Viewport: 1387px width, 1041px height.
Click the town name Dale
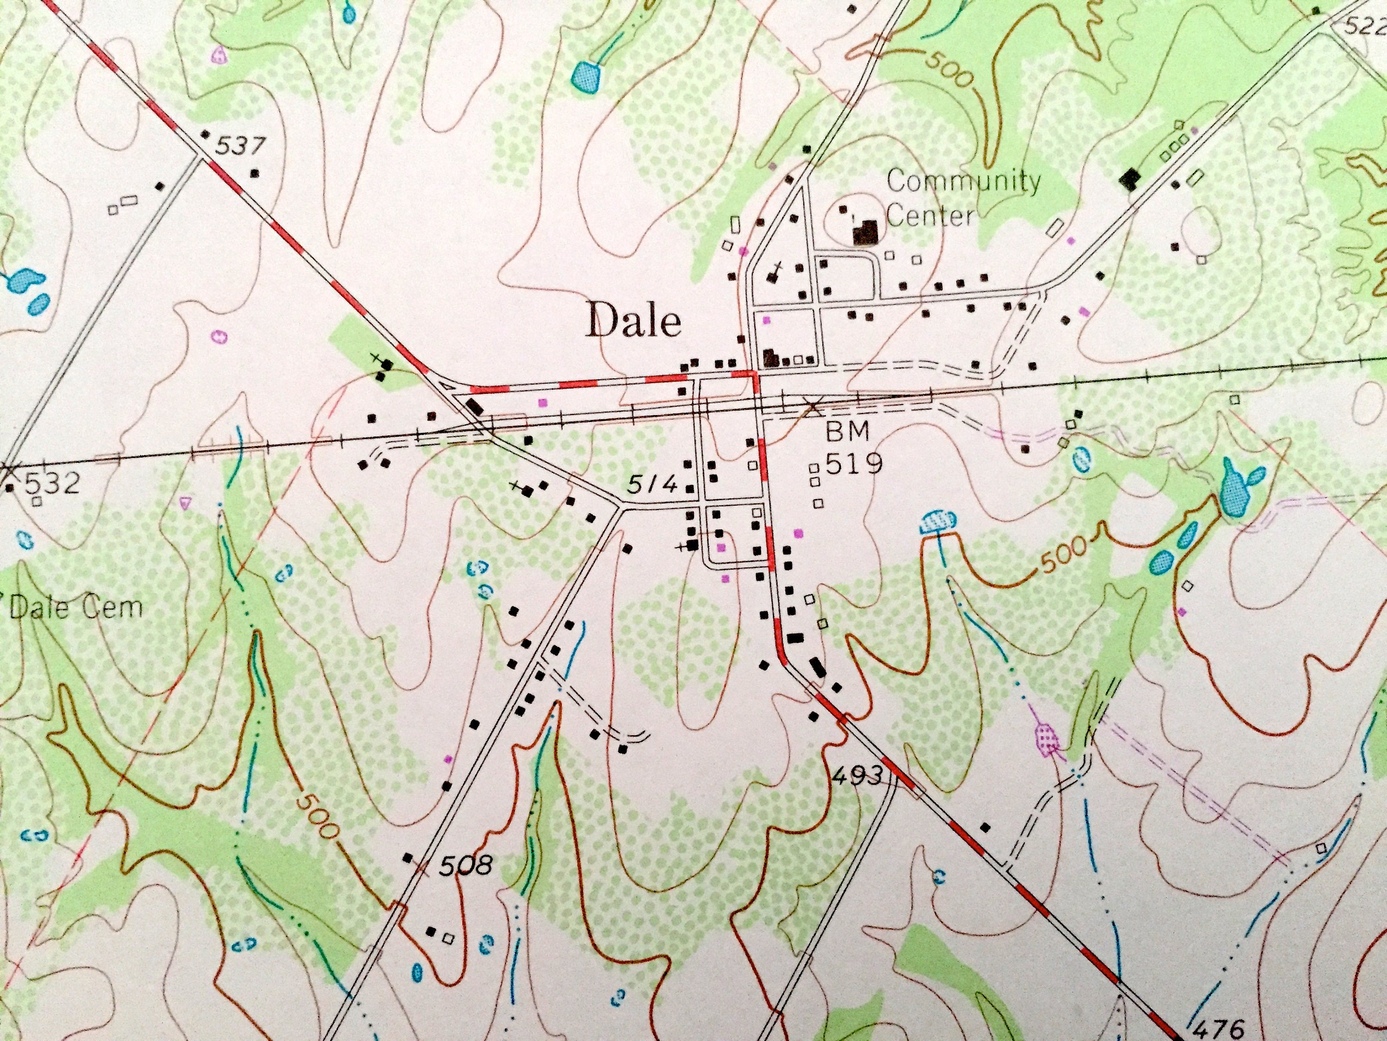[633, 322]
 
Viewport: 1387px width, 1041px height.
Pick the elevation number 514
[652, 485]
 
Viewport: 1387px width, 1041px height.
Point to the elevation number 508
[465, 867]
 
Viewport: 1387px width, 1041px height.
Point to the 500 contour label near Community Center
[947, 68]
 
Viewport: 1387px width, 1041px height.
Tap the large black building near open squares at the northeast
[1130, 180]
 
